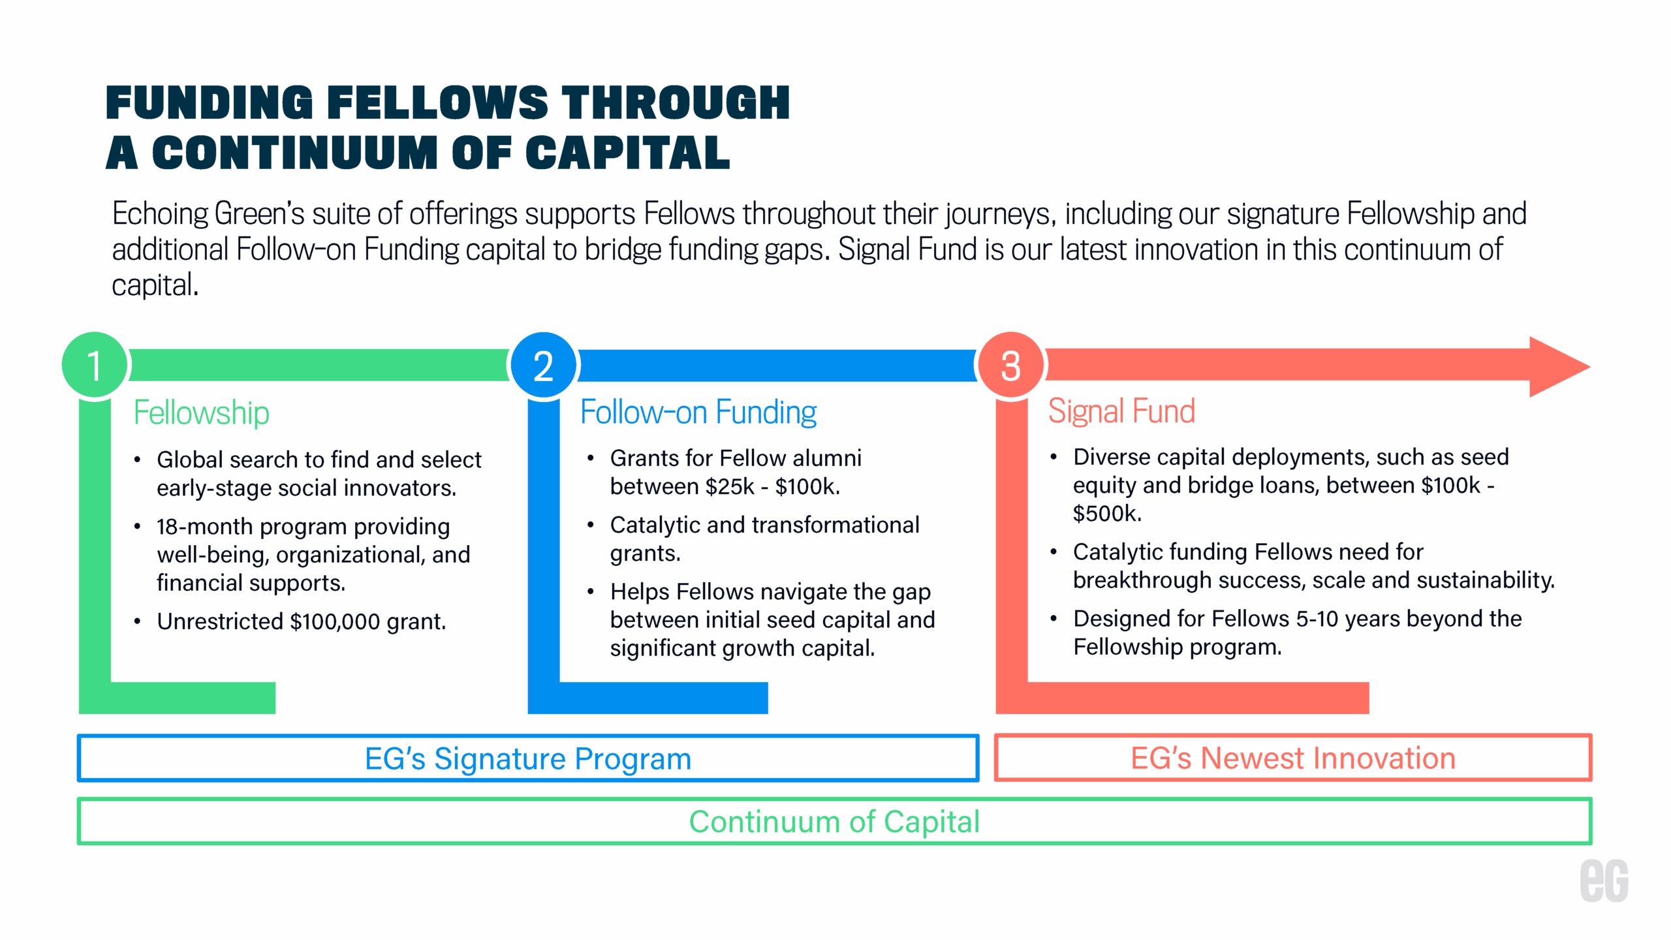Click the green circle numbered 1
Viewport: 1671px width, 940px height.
click(94, 366)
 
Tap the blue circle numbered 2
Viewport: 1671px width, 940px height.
click(543, 366)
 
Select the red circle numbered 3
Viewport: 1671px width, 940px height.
click(1010, 366)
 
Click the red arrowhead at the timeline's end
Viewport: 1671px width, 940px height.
click(1557, 366)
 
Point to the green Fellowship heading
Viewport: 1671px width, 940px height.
click(201, 413)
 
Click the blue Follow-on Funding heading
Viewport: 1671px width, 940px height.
click(698, 413)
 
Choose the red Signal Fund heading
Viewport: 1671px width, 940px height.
click(1121, 411)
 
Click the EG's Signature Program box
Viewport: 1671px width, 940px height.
click(527, 759)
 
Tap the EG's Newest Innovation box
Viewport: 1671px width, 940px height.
click(1292, 758)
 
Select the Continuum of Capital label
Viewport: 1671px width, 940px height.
click(834, 821)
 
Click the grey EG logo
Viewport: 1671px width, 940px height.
click(1604, 881)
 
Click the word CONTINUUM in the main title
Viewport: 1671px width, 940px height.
click(295, 153)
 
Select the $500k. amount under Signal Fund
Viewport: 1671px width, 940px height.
click(1107, 514)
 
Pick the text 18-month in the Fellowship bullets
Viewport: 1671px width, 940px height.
click(204, 526)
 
